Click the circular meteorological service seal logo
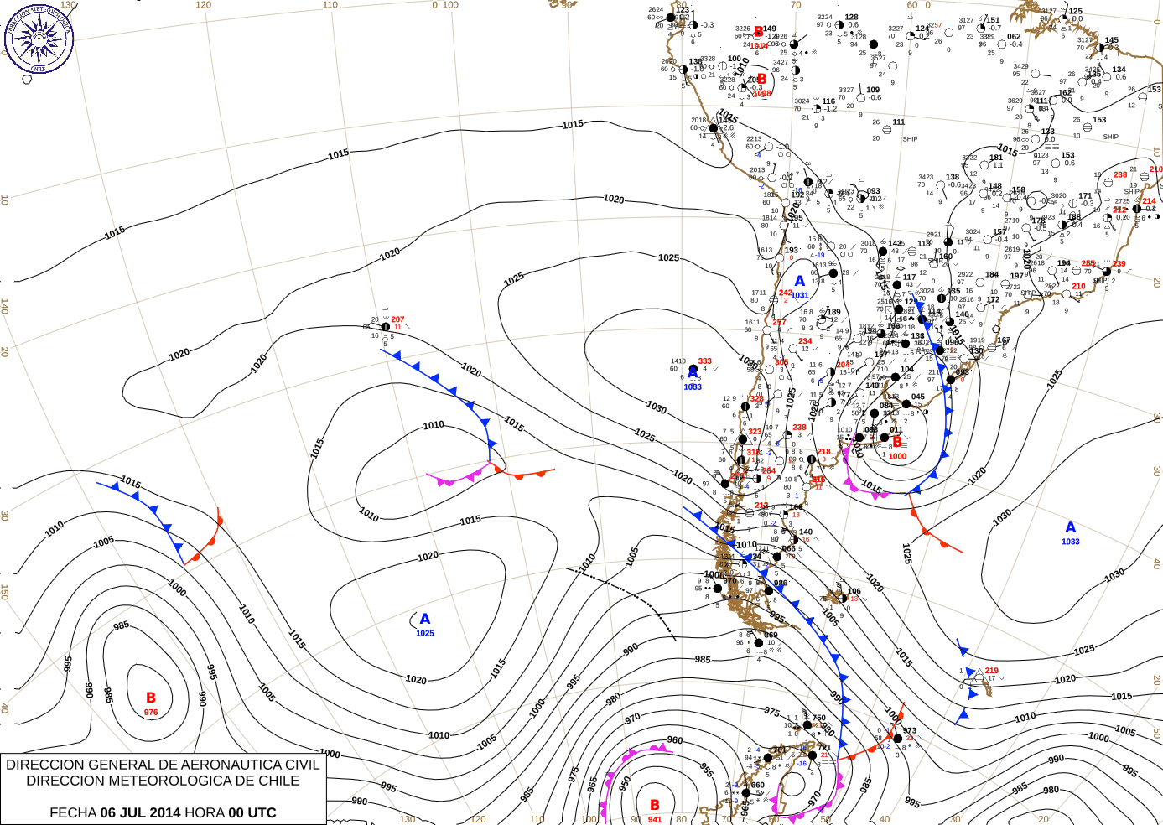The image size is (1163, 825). click(x=39, y=38)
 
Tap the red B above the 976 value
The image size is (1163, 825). click(x=151, y=698)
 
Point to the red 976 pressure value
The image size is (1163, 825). click(x=151, y=713)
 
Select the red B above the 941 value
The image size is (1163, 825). click(x=655, y=805)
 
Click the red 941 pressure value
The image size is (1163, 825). click(x=655, y=819)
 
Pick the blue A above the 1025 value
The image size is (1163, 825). click(x=425, y=619)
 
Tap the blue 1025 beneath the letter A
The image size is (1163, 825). click(x=425, y=633)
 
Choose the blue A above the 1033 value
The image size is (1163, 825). click(x=1070, y=527)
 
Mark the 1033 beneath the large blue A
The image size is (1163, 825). click(x=1071, y=542)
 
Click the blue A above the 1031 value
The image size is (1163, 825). click(x=800, y=281)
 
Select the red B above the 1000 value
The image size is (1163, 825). click(x=897, y=442)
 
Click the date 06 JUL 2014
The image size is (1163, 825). click(x=141, y=812)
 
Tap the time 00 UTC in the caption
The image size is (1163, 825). click(x=252, y=812)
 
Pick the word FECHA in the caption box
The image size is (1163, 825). click(x=73, y=812)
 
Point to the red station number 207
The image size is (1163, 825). click(x=397, y=319)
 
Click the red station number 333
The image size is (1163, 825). click(x=704, y=361)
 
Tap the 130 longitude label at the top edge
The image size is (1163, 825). click(x=68, y=5)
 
